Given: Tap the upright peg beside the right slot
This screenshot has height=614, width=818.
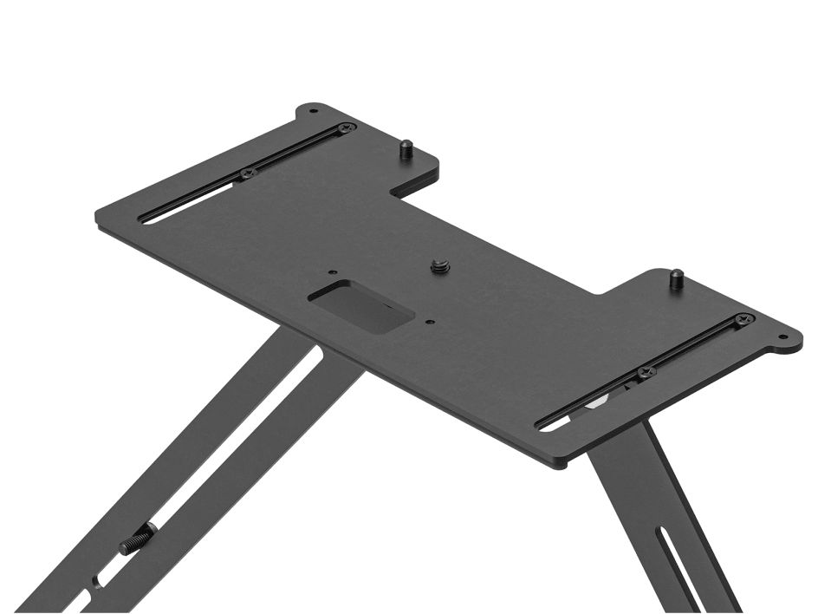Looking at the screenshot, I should coord(675,279).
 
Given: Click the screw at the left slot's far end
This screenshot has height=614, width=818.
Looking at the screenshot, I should coord(346,128).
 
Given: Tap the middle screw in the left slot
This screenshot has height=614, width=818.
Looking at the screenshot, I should coord(249,173).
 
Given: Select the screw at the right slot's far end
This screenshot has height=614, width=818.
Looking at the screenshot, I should coord(743,320).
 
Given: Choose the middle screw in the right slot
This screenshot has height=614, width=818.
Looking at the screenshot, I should coord(645,373).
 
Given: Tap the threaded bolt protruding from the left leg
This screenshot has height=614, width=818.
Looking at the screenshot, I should coord(135,544).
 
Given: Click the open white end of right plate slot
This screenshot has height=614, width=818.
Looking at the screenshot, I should coord(552,424).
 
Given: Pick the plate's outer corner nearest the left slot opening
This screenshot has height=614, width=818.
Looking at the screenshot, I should coord(100,218).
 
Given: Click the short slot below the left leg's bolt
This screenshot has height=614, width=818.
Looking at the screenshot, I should coord(95,579).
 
